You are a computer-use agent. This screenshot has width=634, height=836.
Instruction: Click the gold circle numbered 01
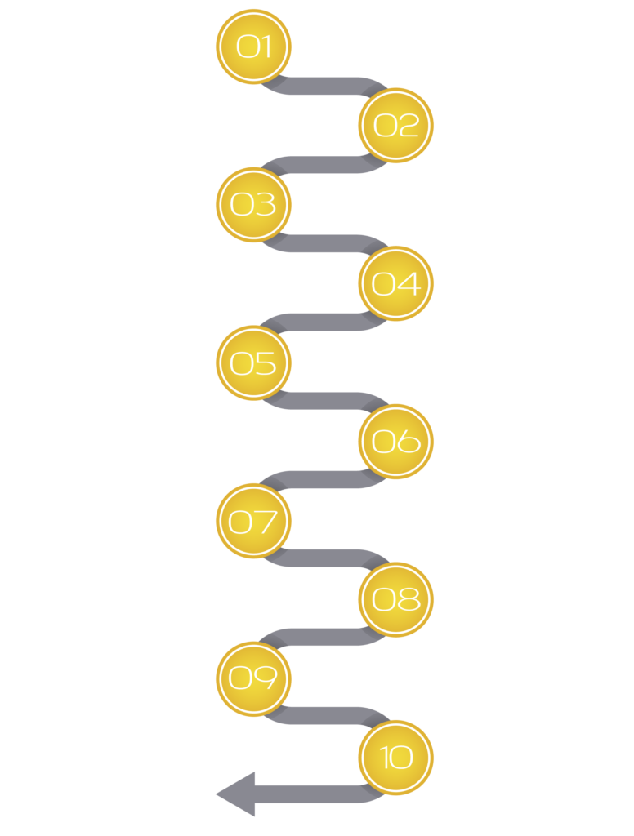point(253,47)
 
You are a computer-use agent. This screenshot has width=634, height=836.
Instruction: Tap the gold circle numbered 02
point(396,124)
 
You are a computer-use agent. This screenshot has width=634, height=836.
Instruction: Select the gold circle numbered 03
point(253,204)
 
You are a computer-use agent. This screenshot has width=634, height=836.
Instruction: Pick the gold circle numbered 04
point(396,283)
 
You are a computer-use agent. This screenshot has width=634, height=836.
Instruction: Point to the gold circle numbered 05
point(253,362)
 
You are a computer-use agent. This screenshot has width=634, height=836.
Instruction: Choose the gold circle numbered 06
point(396,441)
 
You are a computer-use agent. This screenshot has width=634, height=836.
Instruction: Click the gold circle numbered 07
point(253,520)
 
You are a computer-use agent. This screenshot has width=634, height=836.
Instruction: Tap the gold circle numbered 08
point(396,599)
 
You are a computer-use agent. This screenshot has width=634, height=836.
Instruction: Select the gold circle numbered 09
point(253,678)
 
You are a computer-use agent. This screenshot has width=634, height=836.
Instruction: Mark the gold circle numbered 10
point(396,758)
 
